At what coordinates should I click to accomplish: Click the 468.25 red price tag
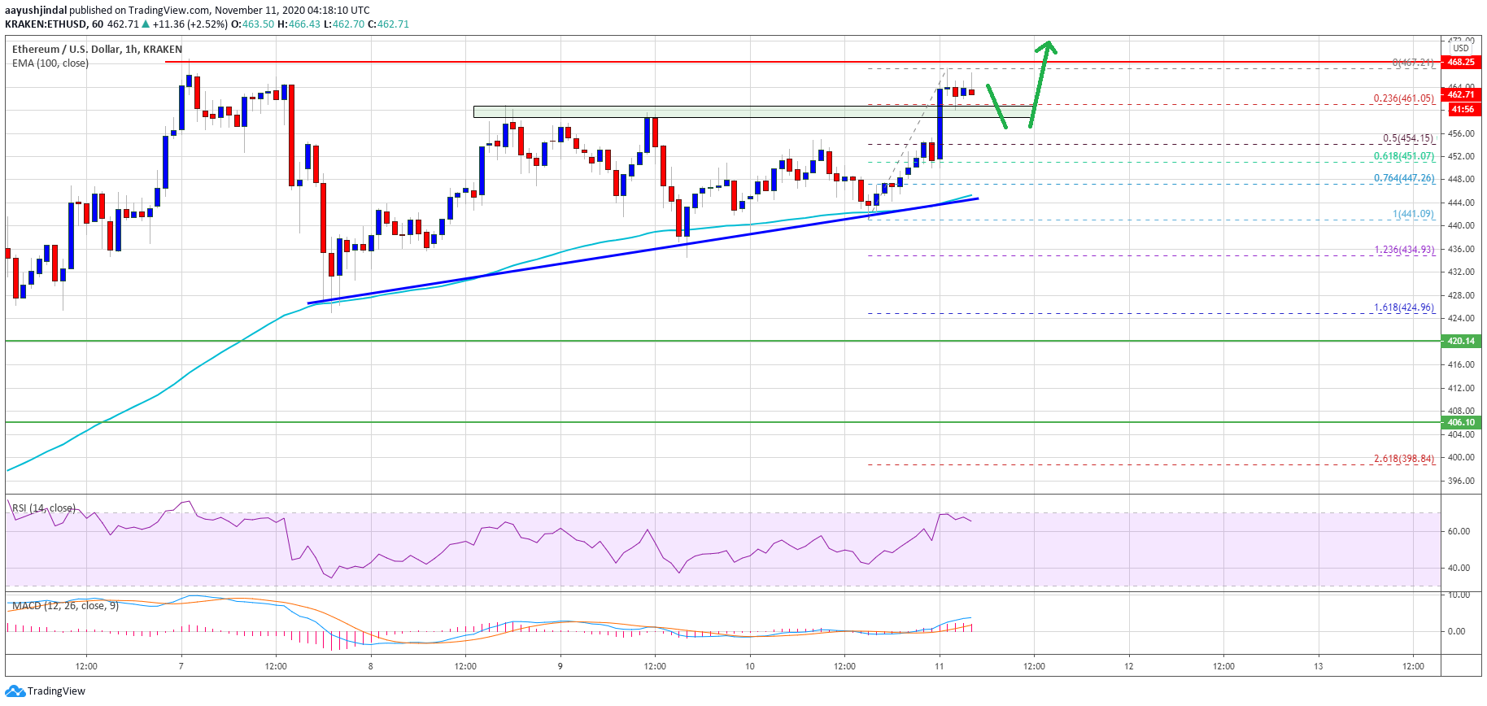[x=1461, y=62]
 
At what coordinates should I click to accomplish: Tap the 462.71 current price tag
[x=1461, y=94]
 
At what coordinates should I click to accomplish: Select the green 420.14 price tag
[x=1461, y=341]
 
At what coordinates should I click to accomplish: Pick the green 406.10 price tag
[x=1461, y=422]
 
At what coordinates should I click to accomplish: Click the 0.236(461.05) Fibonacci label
[x=1403, y=98]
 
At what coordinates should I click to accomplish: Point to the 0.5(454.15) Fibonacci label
[x=1408, y=138]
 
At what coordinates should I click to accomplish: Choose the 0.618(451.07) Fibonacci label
[x=1404, y=156]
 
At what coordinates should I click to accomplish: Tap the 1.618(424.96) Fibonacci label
[x=1404, y=307]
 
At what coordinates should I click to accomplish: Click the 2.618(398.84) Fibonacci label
[x=1404, y=459]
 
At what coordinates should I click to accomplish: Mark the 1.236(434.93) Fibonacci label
[x=1404, y=250]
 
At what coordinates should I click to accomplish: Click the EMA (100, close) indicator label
[x=50, y=63]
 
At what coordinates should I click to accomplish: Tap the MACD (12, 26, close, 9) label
[x=65, y=606]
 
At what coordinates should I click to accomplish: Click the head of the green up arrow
[x=1049, y=46]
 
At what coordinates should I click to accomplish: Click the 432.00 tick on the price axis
[x=1461, y=272]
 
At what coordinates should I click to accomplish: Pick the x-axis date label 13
[x=1318, y=666]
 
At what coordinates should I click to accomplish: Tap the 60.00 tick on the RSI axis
[x=1459, y=531]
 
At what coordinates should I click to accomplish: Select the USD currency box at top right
[x=1461, y=48]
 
